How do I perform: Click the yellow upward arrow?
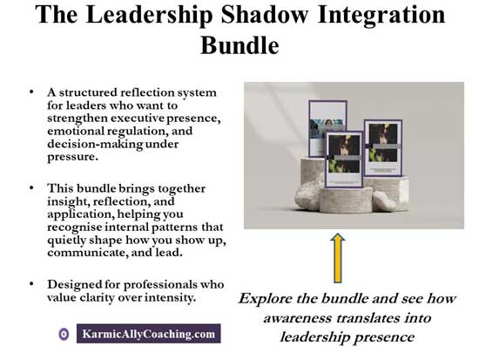pos(339,258)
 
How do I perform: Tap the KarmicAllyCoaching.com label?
pos(148,334)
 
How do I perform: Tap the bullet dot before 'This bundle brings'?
pos(32,186)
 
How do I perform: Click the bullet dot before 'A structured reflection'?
pos(32,91)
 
